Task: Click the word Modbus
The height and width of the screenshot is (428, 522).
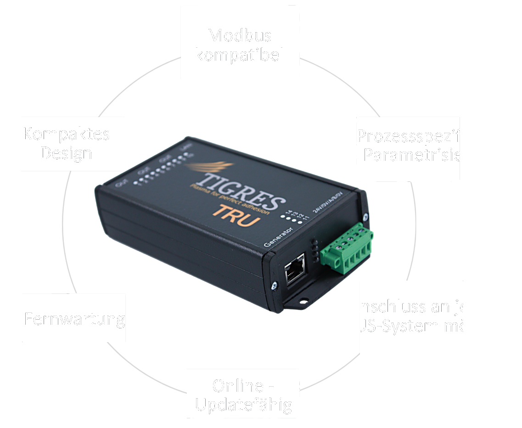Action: tap(239, 35)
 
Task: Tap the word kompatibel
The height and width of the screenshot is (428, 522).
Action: tap(239, 55)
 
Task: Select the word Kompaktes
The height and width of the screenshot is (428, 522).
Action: tap(66, 134)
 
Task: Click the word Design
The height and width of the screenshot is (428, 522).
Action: tap(66, 153)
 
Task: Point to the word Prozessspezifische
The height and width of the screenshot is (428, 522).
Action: tap(429, 136)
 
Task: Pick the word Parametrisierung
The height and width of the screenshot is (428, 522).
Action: tap(431, 155)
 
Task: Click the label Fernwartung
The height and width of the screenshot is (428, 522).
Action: tap(74, 319)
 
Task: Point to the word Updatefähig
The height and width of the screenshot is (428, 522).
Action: tap(243, 405)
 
